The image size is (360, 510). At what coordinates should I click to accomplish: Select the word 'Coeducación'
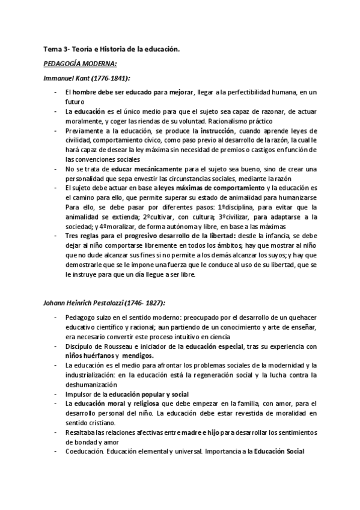coord(87,451)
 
